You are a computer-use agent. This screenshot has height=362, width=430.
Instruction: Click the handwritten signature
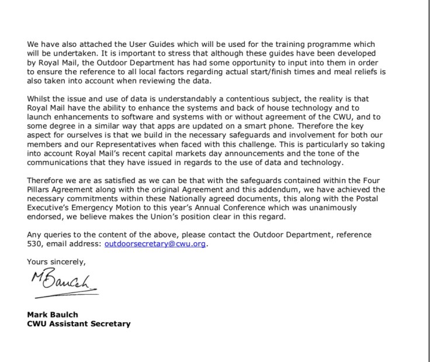61,282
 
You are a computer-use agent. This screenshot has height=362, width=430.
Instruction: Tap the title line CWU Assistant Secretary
79,323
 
